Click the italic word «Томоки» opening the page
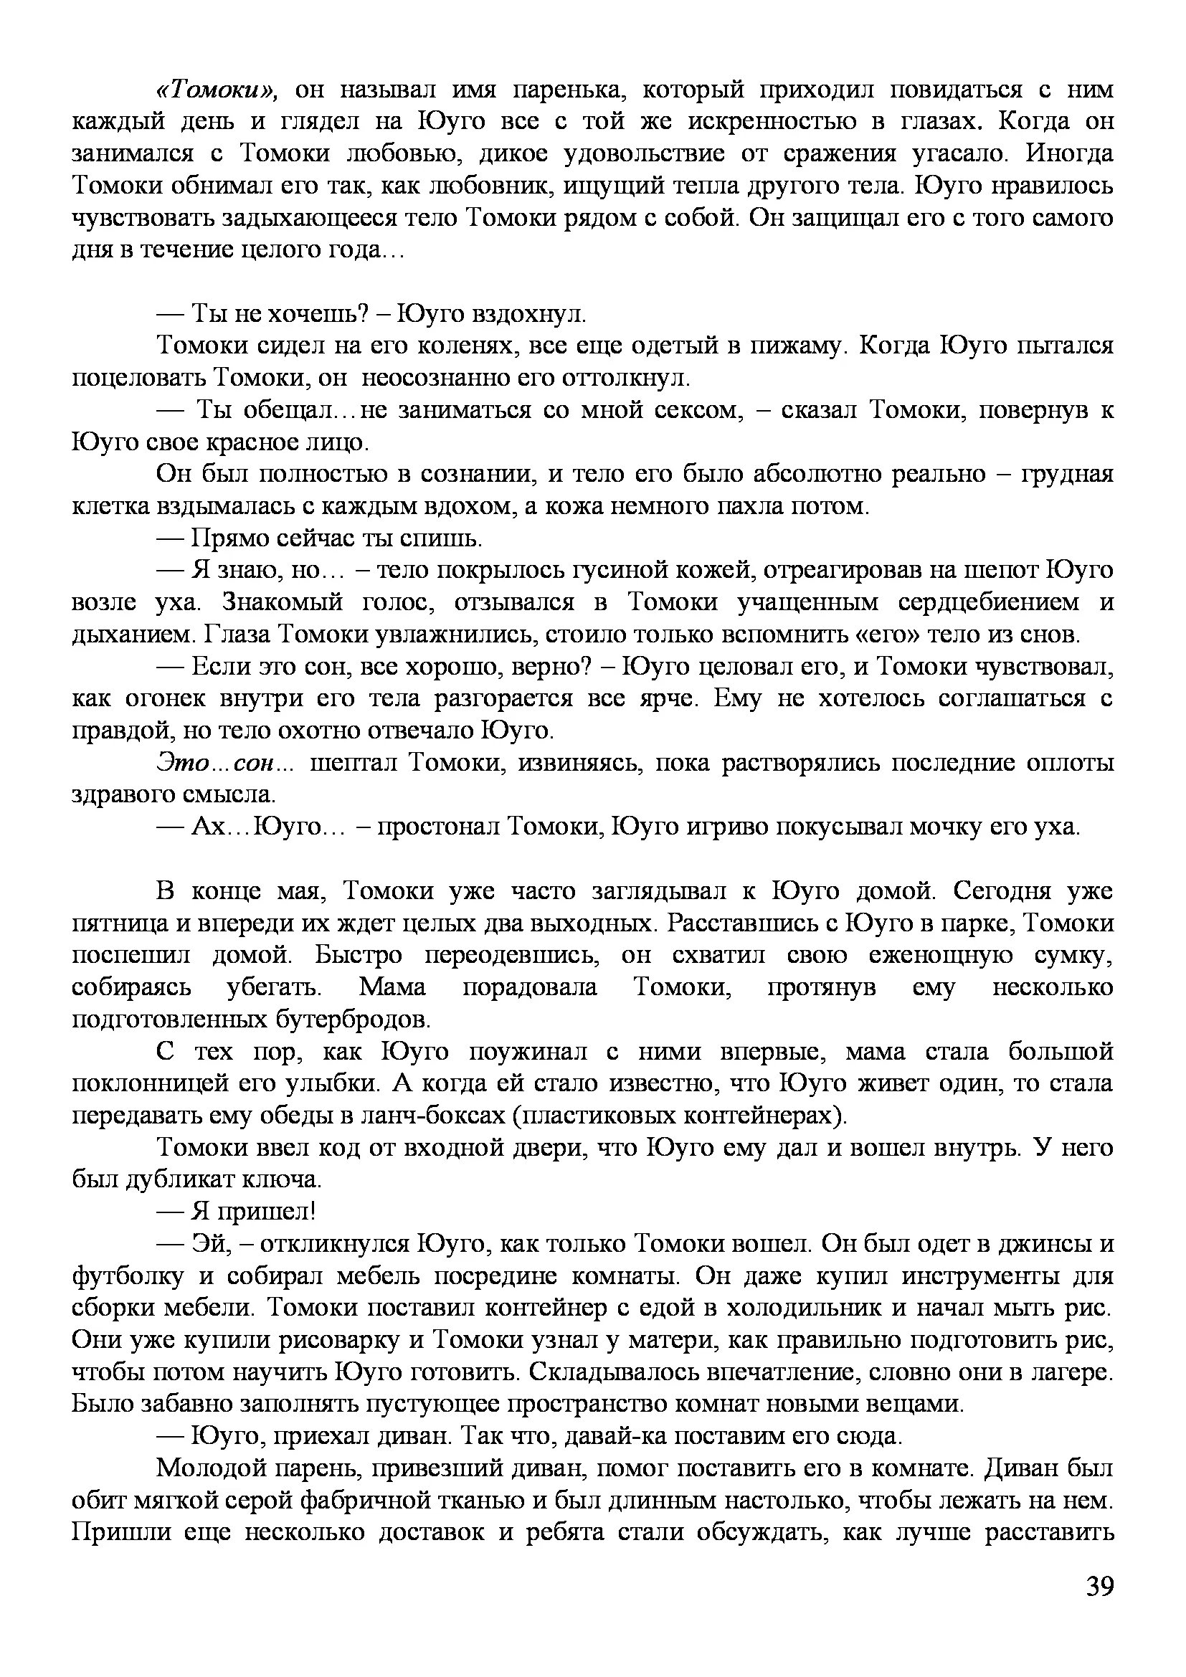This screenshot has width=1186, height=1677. (x=214, y=90)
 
